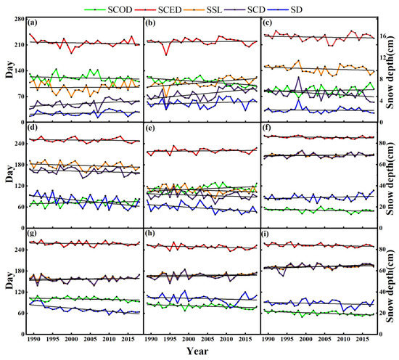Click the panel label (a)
coord(32,23)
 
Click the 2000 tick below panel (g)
coord(71,340)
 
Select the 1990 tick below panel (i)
coord(268,340)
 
